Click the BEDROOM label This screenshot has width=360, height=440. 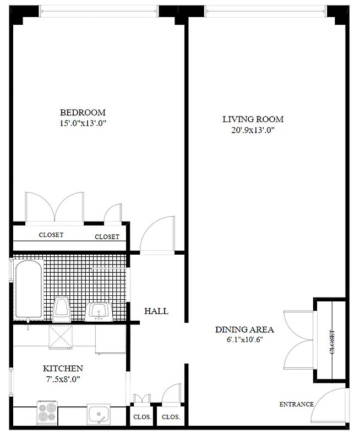[x=83, y=112]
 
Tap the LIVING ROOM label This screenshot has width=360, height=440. [x=253, y=119]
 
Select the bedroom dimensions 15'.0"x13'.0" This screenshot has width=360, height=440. [x=83, y=124]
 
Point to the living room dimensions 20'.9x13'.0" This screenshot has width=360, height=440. [x=253, y=130]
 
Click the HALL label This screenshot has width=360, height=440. [x=156, y=311]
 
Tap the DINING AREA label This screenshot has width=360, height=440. [x=244, y=329]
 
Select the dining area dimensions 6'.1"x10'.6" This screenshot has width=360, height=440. [x=244, y=340]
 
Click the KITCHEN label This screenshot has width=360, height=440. [x=63, y=368]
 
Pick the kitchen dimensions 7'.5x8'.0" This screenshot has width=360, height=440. [x=63, y=379]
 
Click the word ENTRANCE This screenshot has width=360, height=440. [x=296, y=404]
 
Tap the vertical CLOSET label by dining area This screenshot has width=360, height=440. [x=332, y=342]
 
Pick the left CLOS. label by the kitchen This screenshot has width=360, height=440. [x=143, y=417]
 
